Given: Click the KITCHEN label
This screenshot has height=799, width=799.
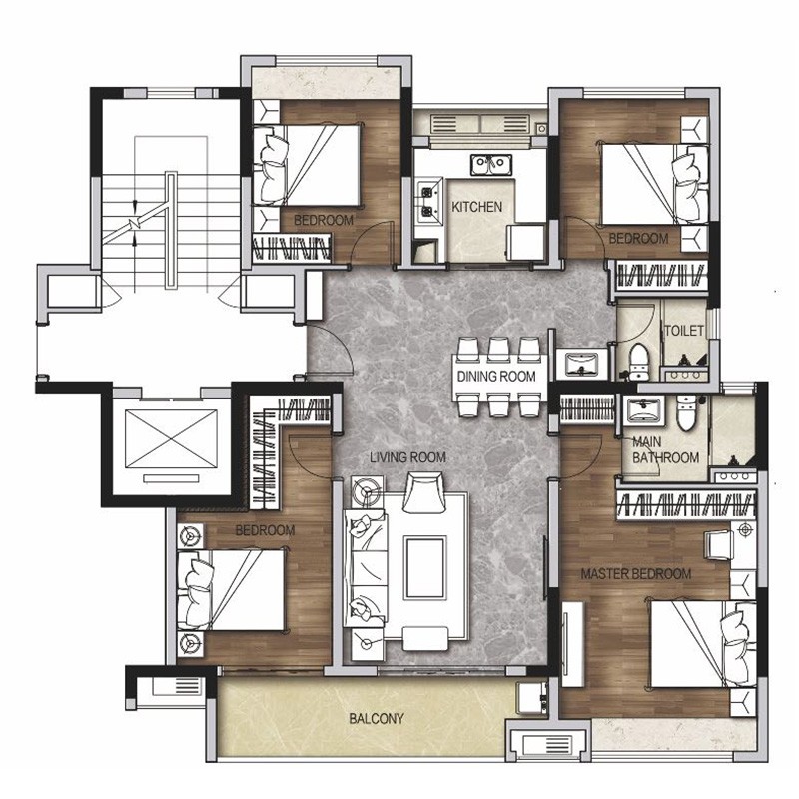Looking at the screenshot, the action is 477,207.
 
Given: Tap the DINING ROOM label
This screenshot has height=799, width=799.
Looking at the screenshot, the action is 496,377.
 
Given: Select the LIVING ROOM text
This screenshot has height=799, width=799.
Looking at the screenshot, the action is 407,457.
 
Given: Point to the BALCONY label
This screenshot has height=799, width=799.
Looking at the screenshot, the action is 377,718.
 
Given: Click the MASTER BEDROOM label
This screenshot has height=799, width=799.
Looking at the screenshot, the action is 636,574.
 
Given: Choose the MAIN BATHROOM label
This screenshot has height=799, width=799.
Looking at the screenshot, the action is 665,450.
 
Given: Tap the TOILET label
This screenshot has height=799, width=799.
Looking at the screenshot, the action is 684,331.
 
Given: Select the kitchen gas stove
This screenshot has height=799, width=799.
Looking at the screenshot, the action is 427,201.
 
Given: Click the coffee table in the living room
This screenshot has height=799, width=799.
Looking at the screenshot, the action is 425,567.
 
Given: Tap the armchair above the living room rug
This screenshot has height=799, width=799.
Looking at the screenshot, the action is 422,491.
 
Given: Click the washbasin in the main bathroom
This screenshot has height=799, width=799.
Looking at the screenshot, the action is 644,410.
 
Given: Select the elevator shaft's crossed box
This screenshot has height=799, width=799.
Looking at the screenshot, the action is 171,439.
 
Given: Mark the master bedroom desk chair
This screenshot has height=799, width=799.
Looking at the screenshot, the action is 718,545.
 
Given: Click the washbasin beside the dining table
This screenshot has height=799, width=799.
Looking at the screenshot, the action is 582,364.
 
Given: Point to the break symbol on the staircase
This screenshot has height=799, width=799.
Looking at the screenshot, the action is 134,223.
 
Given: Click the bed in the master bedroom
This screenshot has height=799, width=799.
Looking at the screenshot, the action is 704,644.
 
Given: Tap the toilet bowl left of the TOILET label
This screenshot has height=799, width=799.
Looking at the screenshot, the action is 637,361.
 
